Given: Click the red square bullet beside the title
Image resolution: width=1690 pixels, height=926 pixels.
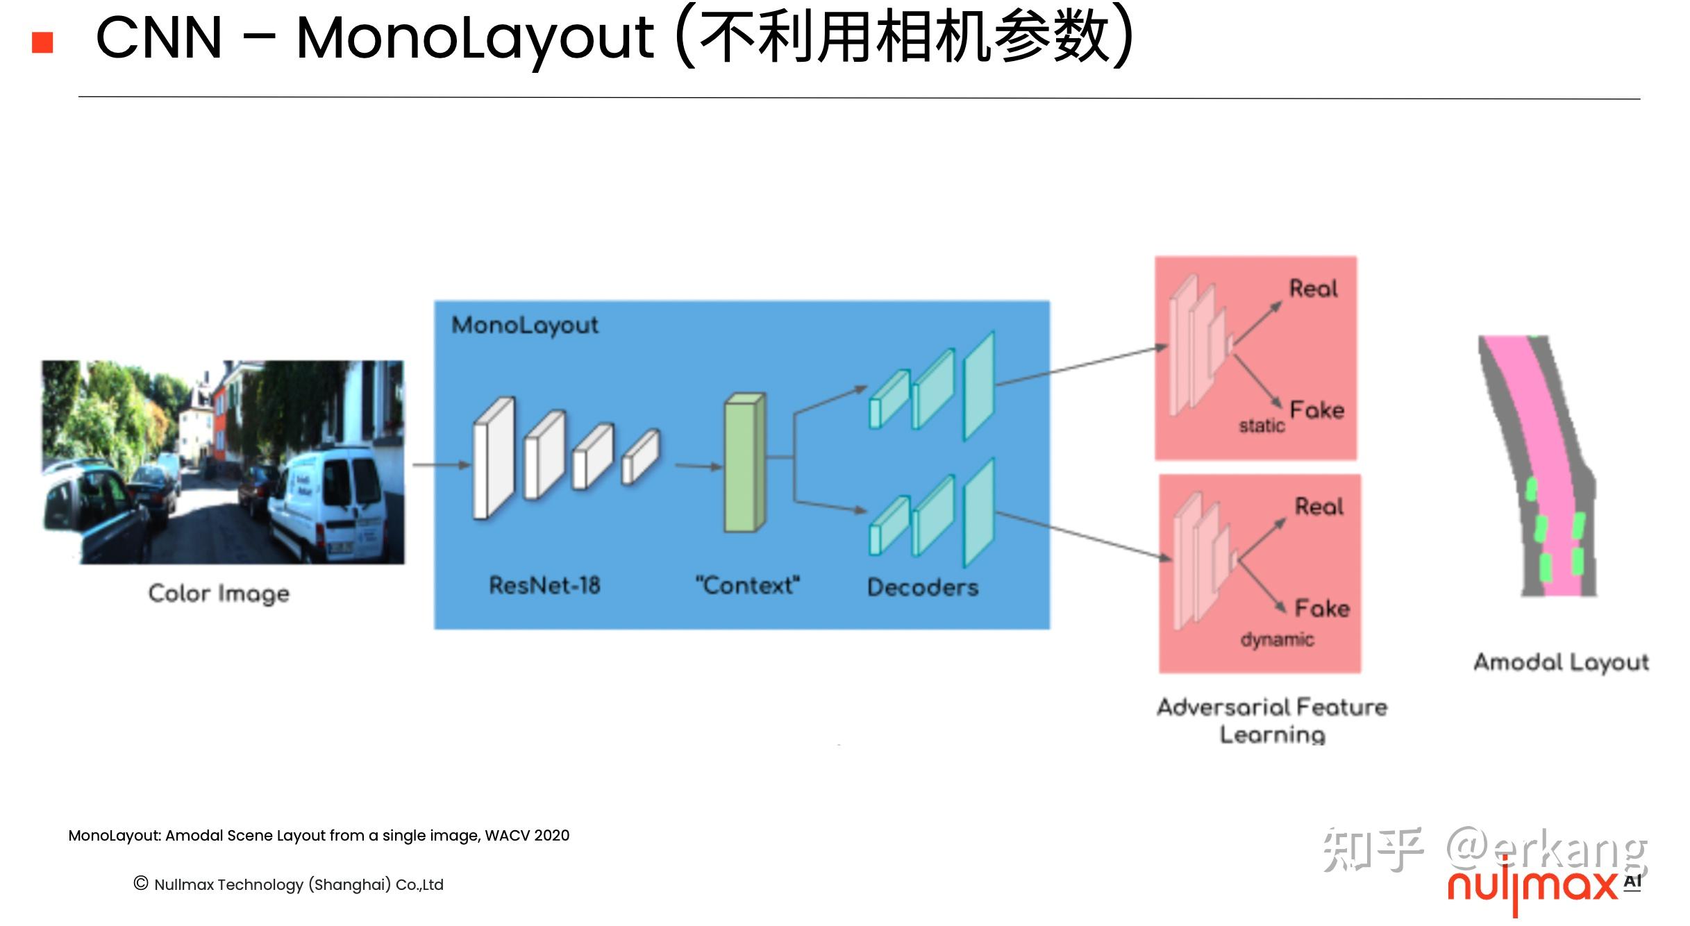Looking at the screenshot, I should click(42, 42).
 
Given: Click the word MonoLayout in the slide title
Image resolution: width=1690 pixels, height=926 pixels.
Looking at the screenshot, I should click(474, 38).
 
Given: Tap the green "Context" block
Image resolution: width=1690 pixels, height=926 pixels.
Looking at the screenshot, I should click(744, 464).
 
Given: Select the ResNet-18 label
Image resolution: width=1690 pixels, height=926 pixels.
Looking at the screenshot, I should click(544, 586).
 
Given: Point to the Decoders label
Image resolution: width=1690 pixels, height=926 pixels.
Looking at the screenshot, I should click(923, 588).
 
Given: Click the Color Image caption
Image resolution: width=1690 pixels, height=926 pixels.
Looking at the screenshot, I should click(219, 594).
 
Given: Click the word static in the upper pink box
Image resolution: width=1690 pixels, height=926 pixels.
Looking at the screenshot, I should click(1262, 426).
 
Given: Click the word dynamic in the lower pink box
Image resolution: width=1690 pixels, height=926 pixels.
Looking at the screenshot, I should click(1277, 639).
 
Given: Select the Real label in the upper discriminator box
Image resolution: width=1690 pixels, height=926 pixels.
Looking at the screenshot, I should click(1313, 289).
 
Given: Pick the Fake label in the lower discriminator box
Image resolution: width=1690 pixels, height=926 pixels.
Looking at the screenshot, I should click(1322, 609).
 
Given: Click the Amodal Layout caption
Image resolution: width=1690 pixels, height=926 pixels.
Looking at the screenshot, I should click(1561, 663).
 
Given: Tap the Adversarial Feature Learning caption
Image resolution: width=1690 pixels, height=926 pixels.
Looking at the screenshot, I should click(1272, 721).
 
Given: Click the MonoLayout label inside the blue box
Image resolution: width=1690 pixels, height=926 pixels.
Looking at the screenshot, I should click(525, 325).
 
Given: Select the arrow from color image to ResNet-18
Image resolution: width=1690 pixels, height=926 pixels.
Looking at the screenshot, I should click(441, 465).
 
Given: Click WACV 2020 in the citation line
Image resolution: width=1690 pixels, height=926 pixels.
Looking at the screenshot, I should click(527, 836).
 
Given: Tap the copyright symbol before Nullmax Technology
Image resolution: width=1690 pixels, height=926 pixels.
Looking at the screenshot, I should click(141, 883).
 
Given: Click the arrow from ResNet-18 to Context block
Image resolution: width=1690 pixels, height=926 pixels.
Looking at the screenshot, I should click(698, 466).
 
